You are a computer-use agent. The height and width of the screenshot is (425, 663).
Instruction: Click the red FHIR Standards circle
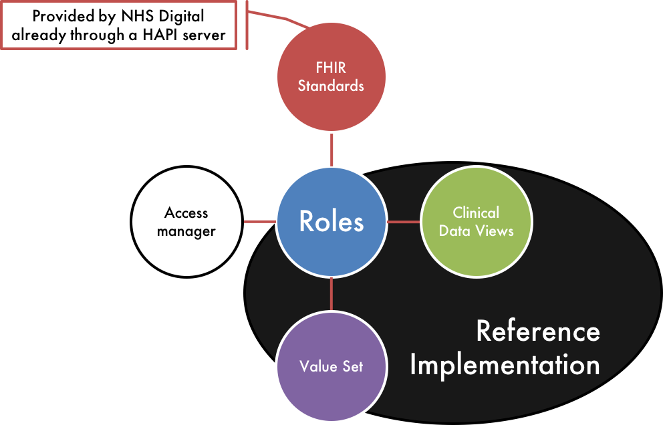(x=331, y=77)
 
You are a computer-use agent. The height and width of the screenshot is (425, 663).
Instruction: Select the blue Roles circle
(x=331, y=222)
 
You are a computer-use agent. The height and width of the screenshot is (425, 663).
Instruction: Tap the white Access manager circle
(x=186, y=222)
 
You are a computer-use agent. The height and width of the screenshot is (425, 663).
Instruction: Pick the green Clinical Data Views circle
(x=477, y=222)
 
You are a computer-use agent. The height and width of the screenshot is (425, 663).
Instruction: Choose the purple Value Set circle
(x=331, y=366)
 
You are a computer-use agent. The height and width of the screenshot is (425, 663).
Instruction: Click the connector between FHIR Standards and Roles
(x=331, y=150)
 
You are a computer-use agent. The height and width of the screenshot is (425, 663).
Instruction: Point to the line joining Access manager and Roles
(x=259, y=222)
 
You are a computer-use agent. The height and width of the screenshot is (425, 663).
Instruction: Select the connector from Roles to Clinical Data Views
(x=404, y=222)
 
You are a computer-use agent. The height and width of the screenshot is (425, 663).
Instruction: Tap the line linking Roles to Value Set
(x=331, y=294)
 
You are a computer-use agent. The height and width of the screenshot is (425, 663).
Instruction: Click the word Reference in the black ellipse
(x=538, y=331)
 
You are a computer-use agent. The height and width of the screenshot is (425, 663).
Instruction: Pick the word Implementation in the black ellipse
(x=505, y=365)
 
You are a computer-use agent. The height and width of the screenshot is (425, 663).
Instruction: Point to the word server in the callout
(x=205, y=35)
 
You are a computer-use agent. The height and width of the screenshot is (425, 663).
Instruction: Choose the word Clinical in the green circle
(x=476, y=212)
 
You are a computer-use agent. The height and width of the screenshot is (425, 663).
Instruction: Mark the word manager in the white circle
(x=186, y=232)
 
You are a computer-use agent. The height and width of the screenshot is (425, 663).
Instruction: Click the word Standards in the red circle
(x=331, y=86)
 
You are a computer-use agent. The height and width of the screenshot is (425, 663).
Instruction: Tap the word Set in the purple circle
(x=353, y=366)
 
